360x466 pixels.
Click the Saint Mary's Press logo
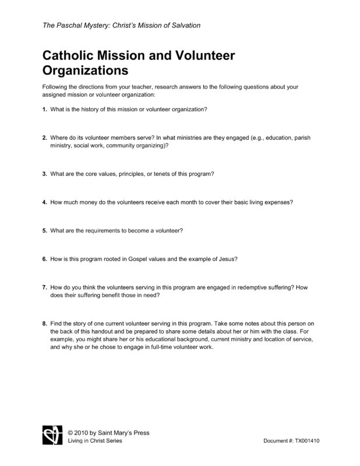click(x=52, y=436)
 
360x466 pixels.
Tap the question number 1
click(x=44, y=110)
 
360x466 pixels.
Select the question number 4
click(x=44, y=202)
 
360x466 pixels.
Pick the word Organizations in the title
click(x=85, y=71)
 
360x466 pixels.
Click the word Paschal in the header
click(x=70, y=25)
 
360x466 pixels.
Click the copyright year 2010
click(x=83, y=433)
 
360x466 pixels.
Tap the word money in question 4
click(x=90, y=202)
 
